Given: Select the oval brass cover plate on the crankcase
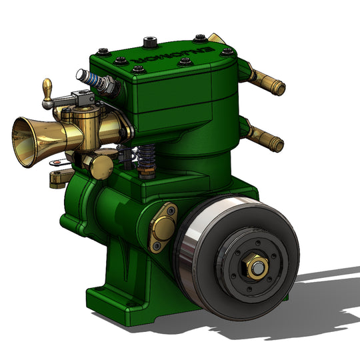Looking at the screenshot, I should [163, 227].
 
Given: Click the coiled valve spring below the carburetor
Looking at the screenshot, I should [148, 160].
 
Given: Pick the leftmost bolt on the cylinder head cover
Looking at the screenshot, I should [101, 51].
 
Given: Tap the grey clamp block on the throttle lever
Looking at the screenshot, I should [85, 99].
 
